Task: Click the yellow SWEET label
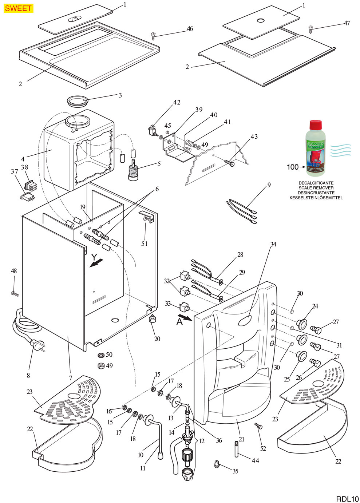tap(18, 8)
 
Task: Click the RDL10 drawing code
tap(347, 498)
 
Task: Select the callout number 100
tap(292, 167)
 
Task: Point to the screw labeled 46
tap(153, 35)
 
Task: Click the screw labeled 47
tap(310, 28)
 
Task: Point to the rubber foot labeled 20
tap(152, 319)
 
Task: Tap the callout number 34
tap(273, 244)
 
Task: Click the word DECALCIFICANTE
tap(316, 183)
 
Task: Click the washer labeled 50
tap(100, 355)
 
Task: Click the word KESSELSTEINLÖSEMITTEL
tap(316, 198)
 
